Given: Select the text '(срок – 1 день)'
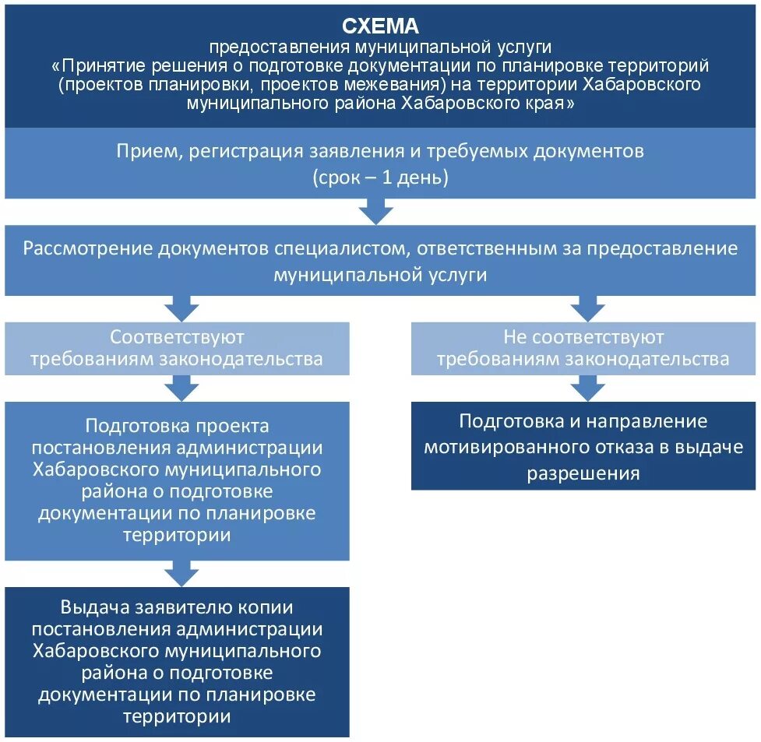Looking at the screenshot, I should coord(381,177).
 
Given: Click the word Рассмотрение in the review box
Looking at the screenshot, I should coord(87,248).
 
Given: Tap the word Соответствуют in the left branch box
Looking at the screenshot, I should coord(177,337).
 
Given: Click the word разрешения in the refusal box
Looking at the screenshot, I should coord(583,473).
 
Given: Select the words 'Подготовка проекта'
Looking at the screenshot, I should coord(177,426).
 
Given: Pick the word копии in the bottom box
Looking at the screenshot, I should coord(264,607).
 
